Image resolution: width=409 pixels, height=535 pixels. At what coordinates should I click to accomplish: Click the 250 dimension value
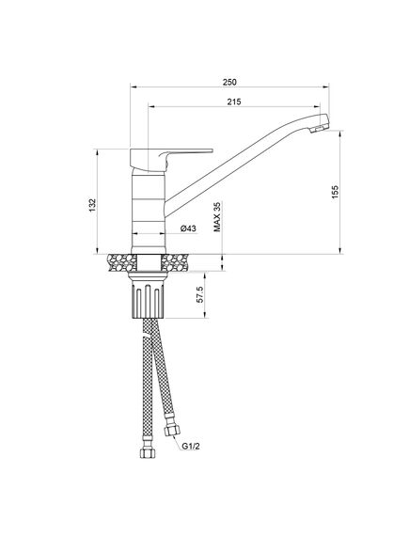tap(229, 82)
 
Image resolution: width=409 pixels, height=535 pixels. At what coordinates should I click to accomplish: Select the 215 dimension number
tap(234, 102)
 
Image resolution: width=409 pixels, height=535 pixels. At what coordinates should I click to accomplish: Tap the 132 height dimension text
tap(93, 205)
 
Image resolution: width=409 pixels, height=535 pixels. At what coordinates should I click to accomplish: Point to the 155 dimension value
tap(336, 192)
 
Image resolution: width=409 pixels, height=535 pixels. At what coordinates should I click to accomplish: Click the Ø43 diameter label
tap(188, 228)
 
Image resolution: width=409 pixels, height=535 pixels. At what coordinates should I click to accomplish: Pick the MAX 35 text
tap(217, 217)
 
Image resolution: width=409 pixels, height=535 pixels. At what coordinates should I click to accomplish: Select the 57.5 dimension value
tap(200, 294)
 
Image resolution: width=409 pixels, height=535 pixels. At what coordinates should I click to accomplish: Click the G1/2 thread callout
tap(191, 446)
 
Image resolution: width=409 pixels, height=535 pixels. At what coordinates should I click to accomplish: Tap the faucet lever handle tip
tap(212, 150)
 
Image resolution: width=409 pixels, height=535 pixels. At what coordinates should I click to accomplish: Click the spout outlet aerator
tap(320, 128)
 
